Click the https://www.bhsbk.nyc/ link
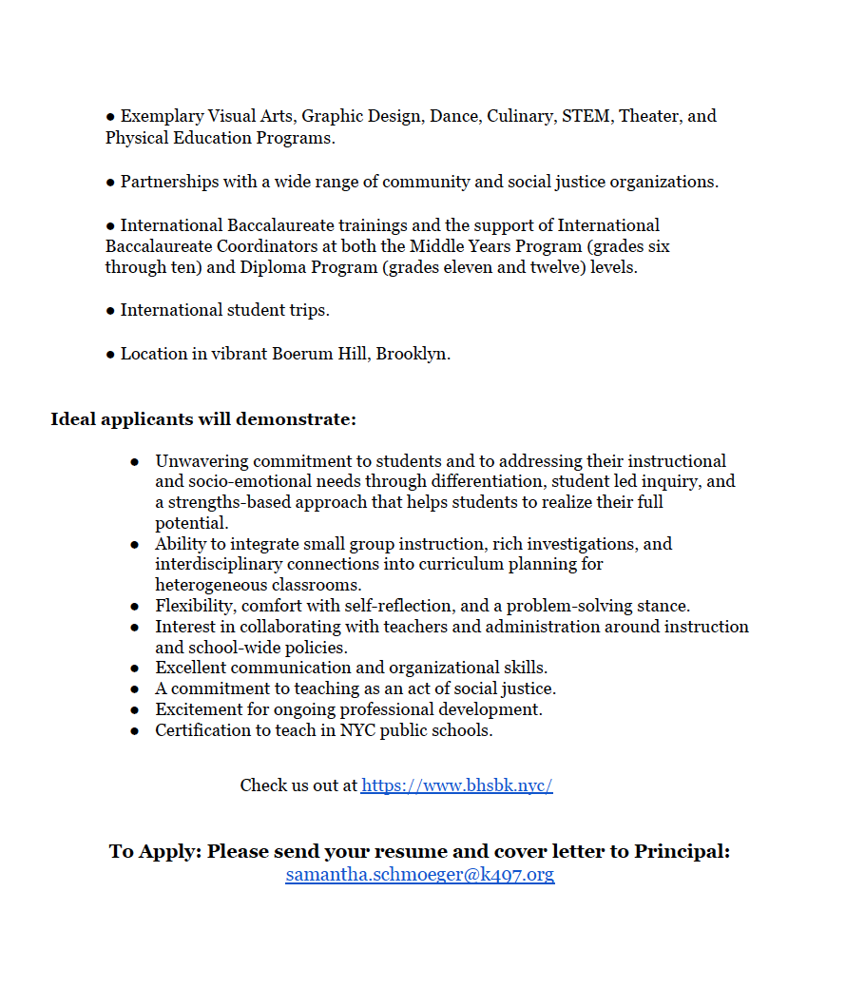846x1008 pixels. coord(456,785)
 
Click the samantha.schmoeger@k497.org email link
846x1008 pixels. coord(419,875)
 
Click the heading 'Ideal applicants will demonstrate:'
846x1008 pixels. coord(203,419)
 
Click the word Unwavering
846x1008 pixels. coord(202,461)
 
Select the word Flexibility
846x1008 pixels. coord(195,606)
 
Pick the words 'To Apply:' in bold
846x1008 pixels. coord(155,851)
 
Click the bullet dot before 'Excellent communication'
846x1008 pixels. coord(135,669)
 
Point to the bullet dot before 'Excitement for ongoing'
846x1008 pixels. coord(135,710)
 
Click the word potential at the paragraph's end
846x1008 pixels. coord(191,523)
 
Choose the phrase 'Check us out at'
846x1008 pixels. coord(298,785)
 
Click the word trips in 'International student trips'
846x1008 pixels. coord(306,310)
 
